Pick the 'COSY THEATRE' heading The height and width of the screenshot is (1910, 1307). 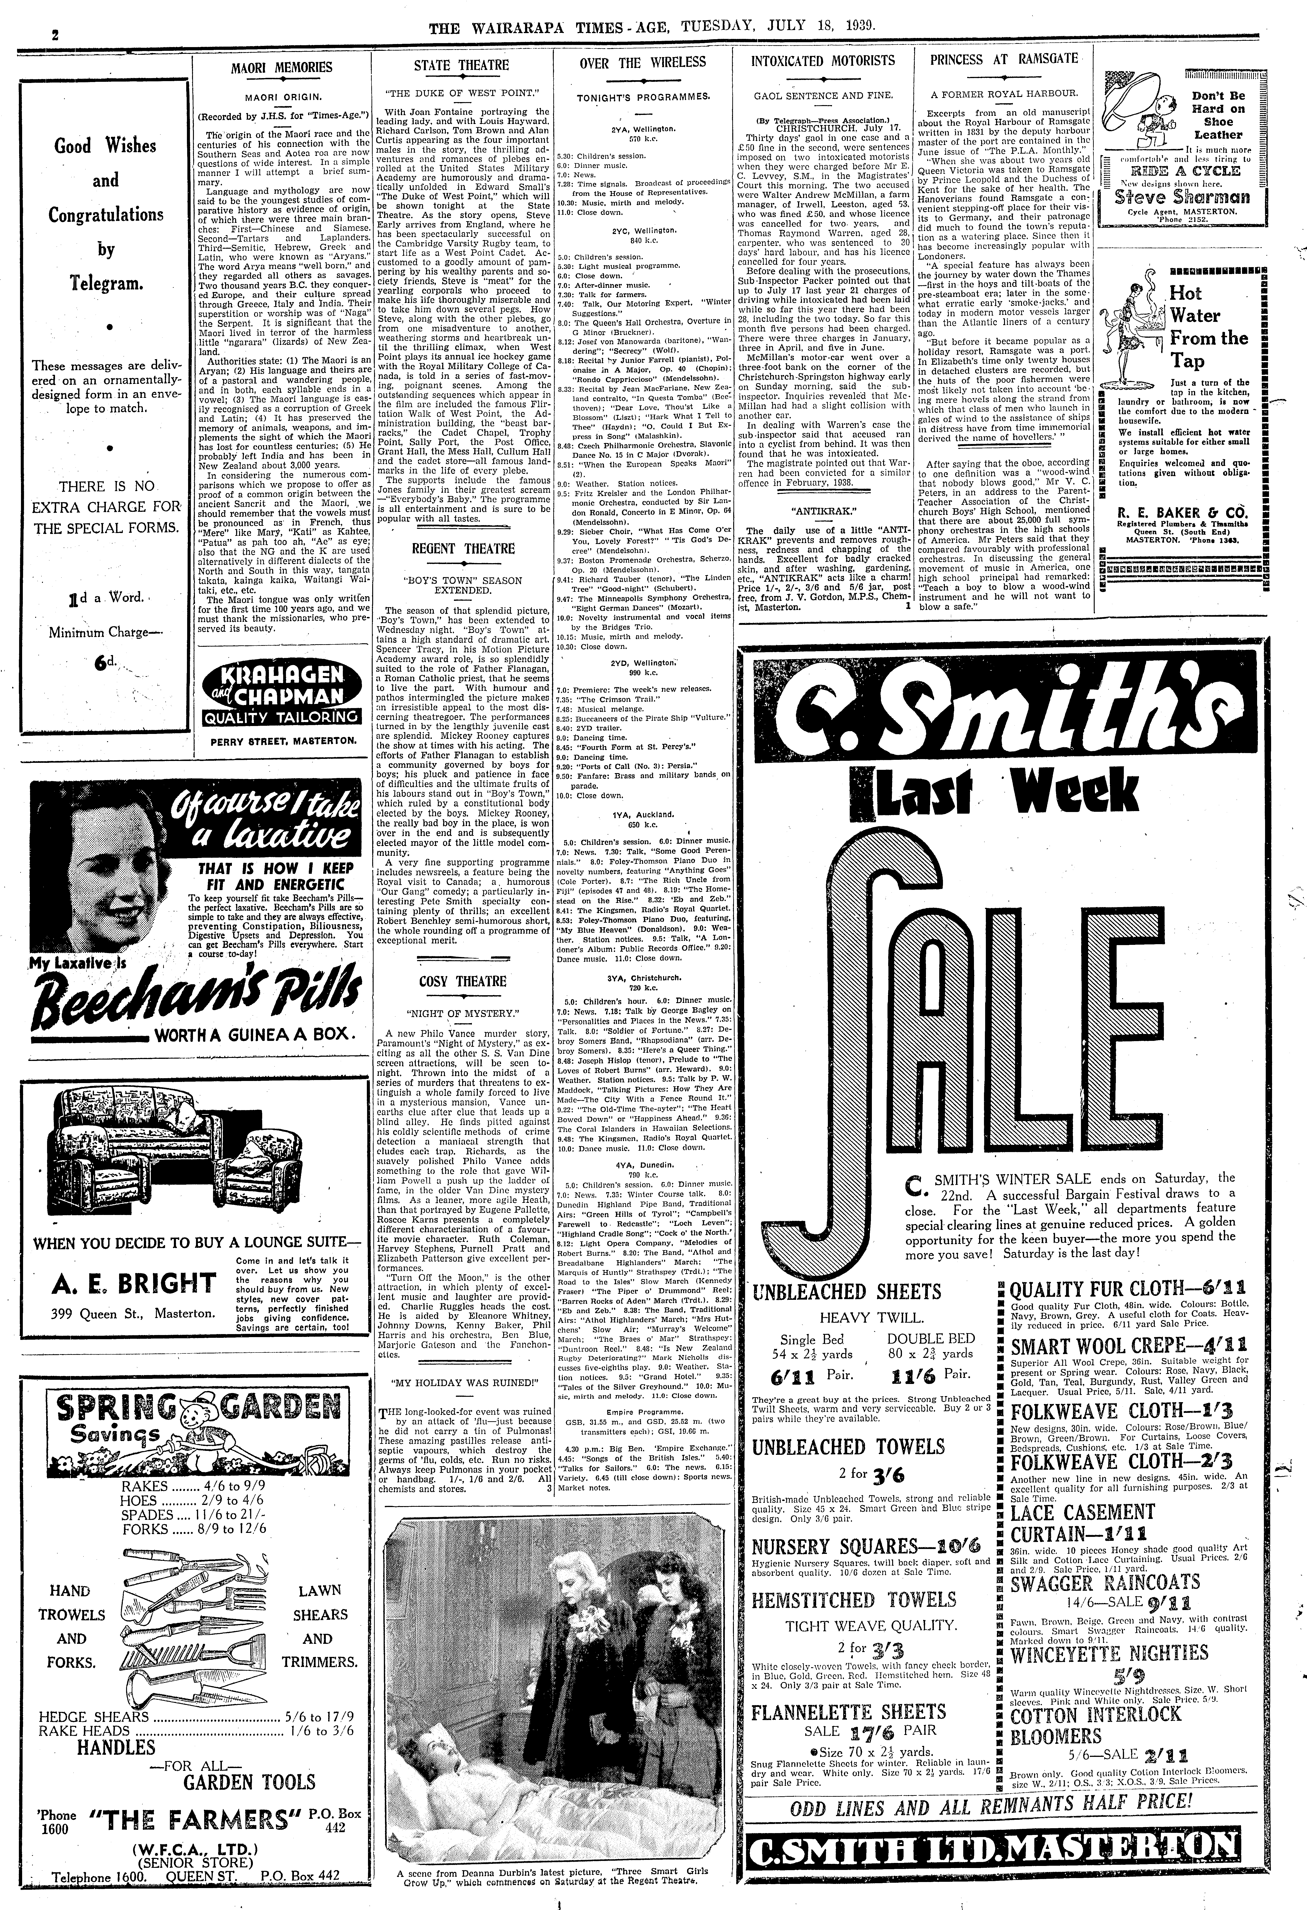click(463, 981)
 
